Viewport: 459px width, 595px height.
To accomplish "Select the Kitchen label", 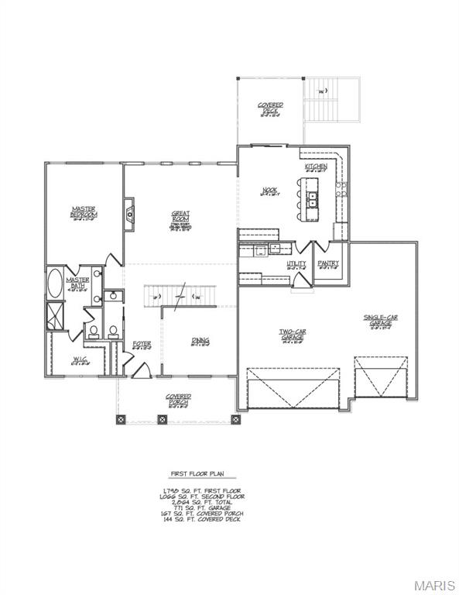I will pos(316,167).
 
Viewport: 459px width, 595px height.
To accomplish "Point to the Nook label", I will pos(269,190).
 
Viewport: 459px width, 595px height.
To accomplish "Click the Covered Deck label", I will pos(270,108).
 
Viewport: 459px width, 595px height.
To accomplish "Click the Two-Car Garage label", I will pos(292,334).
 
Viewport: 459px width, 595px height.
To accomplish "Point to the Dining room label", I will pos(200,341).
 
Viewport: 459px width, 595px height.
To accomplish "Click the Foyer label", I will pos(142,343).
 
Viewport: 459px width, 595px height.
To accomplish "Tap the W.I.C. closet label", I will pos(81,359).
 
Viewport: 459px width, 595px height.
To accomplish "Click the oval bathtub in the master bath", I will pos(57,284).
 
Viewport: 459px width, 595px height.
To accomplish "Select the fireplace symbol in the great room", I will pos(129,210).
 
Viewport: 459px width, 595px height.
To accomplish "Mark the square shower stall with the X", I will pos(57,317).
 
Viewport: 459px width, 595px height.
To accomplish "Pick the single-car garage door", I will pos(375,378).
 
